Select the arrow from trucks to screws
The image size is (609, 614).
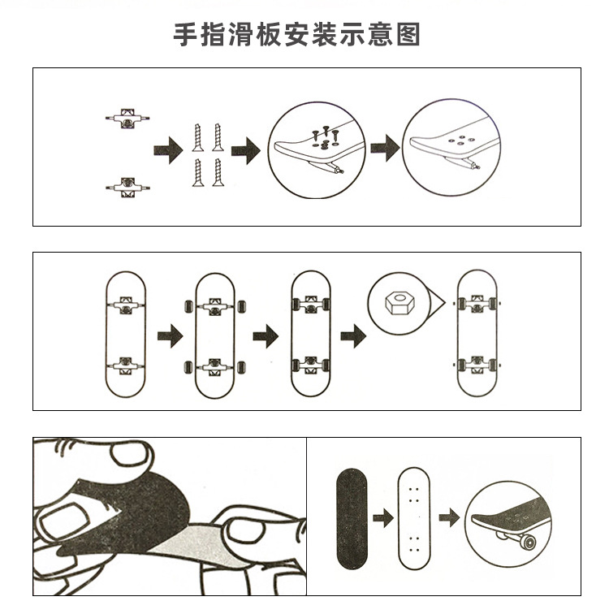pyautogui.click(x=166, y=151)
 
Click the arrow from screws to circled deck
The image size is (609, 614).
pyautogui.click(x=245, y=151)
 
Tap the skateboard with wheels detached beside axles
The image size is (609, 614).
pyautogui.click(x=214, y=334)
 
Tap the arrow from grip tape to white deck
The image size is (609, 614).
pyautogui.click(x=382, y=516)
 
